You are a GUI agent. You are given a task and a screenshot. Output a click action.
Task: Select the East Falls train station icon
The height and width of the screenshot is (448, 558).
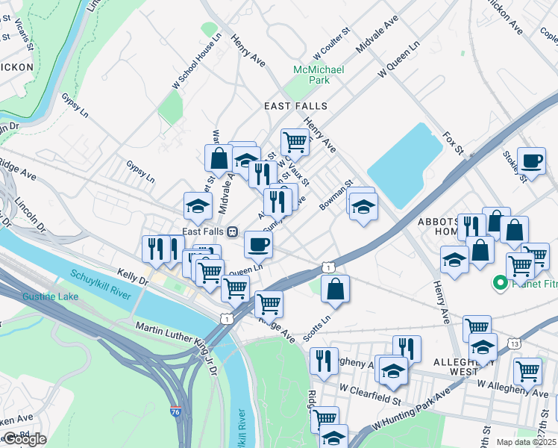[233, 231]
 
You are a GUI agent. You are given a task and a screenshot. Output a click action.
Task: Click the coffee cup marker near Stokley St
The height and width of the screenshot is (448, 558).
[532, 162]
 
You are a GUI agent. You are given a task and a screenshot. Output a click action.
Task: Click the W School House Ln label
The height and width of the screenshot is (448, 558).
[197, 61]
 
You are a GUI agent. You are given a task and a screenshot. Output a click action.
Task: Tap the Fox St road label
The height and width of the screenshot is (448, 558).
[454, 143]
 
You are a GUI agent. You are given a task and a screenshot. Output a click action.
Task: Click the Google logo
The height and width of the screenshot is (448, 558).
[25, 440]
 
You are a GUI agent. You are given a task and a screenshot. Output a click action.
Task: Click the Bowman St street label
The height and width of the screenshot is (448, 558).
[337, 194]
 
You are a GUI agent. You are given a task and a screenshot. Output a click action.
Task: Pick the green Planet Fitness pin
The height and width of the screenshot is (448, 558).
[499, 284]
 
